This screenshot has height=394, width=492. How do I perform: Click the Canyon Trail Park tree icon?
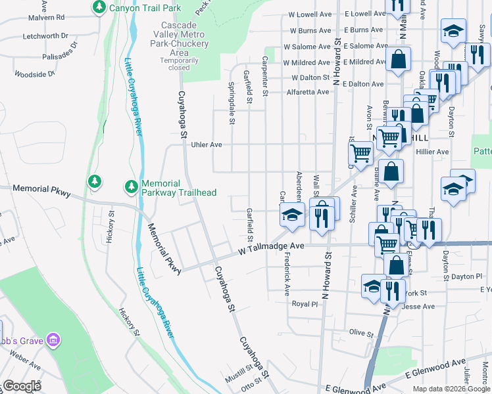pyautogui.click(x=99, y=8)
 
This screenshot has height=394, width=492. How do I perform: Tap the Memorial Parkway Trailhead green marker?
pyautogui.click(x=132, y=188)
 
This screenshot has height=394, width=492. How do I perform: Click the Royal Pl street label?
pyautogui.click(x=305, y=304)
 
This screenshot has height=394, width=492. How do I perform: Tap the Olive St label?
pyautogui.click(x=361, y=332)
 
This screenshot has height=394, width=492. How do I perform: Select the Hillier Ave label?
pyautogui.click(x=432, y=152)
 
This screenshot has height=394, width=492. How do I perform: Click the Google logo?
pyautogui.click(x=22, y=386)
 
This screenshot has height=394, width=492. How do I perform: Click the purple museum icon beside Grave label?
pyautogui.click(x=53, y=340)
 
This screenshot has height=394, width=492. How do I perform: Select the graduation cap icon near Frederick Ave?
pyautogui.click(x=291, y=215)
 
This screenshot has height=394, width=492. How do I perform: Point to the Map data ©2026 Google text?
pyautogui.click(x=451, y=389)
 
